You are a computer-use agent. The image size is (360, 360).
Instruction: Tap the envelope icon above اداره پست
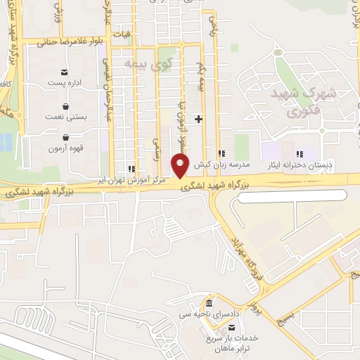[65, 72]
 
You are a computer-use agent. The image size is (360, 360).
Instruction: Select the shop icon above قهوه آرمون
[65, 138]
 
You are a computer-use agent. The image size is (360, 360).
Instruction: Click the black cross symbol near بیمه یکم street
[198, 119]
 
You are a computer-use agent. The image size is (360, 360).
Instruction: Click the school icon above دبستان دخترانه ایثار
[298, 153]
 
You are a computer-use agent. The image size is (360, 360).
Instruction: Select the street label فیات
[124, 33]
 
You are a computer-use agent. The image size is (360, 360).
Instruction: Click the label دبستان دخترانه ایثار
[298, 164]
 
